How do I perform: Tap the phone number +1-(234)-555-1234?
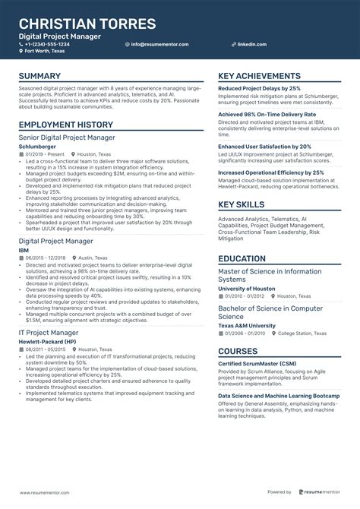(47, 44)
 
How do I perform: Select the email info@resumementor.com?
(159, 44)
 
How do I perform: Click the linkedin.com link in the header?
(251, 44)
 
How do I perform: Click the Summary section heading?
(39, 77)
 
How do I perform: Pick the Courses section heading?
(238, 351)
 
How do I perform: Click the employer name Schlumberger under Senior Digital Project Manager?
(36, 146)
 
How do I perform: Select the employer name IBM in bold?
(24, 249)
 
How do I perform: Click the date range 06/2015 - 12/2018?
(45, 258)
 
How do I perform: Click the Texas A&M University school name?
(247, 325)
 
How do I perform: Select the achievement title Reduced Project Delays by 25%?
(259, 88)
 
